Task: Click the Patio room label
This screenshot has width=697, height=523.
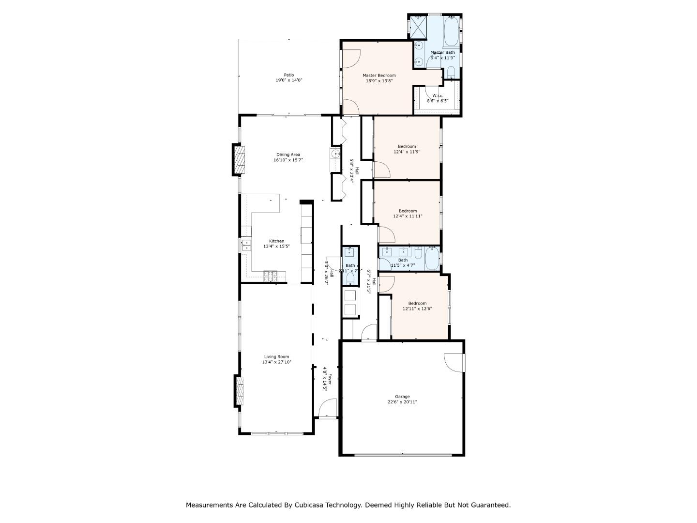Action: tap(288, 75)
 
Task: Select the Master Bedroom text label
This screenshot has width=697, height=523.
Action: tap(379, 76)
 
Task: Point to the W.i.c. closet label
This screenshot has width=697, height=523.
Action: tap(438, 96)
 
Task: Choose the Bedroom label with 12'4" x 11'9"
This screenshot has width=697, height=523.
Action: tap(407, 146)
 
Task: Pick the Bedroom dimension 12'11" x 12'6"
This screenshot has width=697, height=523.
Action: tap(417, 308)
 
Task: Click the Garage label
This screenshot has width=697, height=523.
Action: tap(402, 397)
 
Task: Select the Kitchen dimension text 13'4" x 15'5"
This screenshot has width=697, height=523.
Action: tap(276, 246)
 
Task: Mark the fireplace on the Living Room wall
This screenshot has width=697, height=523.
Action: tap(240, 391)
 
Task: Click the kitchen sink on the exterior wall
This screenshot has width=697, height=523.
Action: tap(247, 245)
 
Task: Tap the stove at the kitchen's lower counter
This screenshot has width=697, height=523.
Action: tap(270, 277)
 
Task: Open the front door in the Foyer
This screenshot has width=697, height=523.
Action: tap(329, 408)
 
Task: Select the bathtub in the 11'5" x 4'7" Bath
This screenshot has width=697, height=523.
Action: tap(432, 259)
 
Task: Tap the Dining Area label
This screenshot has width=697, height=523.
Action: tap(288, 155)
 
